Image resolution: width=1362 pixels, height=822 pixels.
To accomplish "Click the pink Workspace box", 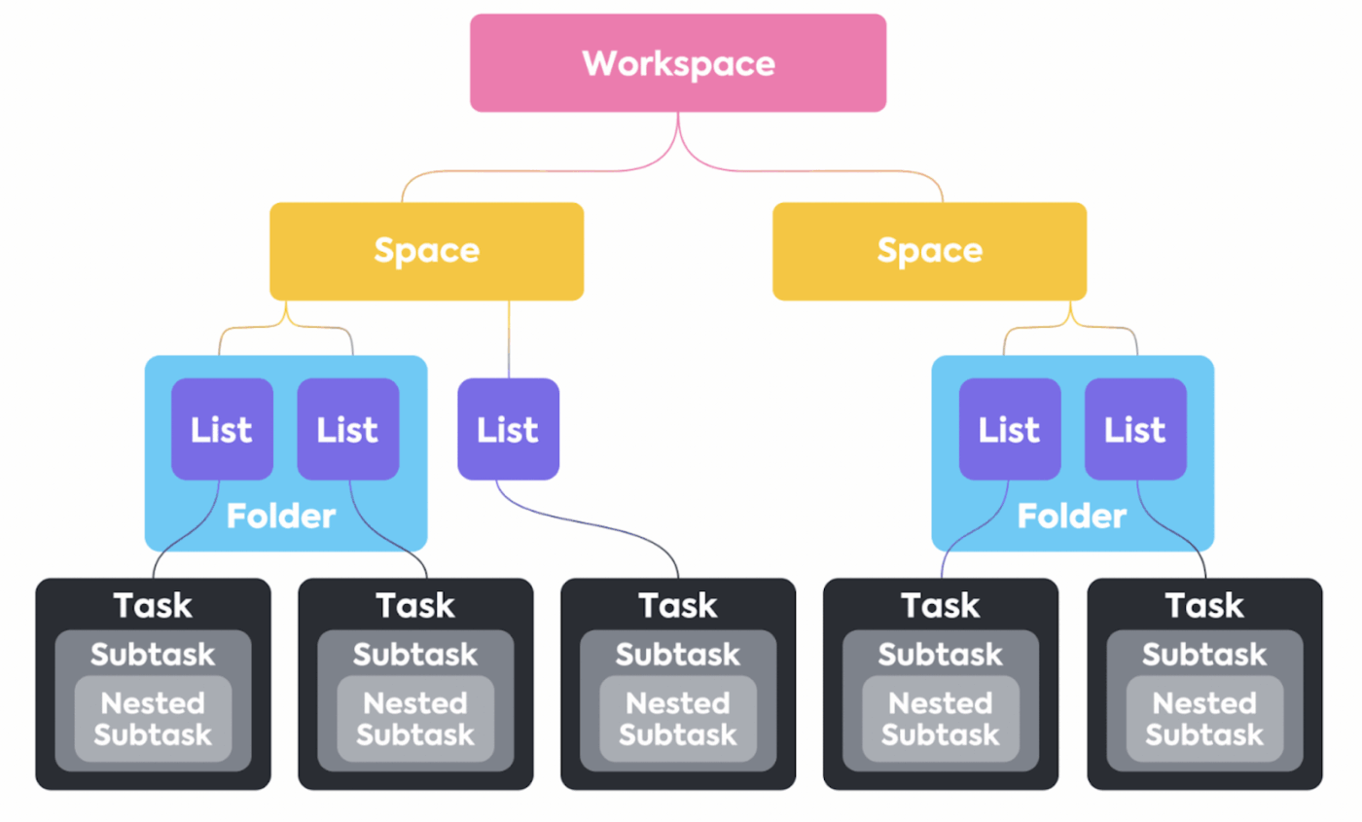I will coord(678,63).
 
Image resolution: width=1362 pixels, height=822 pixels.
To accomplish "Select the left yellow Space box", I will coord(426,251).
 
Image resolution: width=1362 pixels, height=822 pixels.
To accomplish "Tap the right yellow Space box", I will coord(929,251).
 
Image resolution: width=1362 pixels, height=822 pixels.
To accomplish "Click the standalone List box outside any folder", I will coord(508,429).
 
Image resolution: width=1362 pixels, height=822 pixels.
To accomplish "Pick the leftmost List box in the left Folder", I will coord(222,429).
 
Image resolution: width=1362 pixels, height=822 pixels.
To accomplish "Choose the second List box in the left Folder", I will coord(347,429).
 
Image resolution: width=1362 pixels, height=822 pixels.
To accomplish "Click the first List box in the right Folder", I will coord(1009,429).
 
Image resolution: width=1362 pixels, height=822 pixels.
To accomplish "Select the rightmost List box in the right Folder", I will coord(1135,429).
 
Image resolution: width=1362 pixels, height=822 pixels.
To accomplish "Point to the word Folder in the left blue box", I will coord(281,516).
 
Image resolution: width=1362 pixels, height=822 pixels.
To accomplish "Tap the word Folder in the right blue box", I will coord(1072,516).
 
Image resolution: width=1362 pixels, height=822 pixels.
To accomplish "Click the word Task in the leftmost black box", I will coord(153,605).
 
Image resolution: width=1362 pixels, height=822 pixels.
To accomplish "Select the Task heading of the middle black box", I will coord(678,605).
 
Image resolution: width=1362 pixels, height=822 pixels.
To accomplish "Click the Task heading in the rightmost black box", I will coord(1204,605).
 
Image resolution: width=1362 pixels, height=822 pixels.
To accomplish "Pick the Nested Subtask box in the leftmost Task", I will coord(153,719).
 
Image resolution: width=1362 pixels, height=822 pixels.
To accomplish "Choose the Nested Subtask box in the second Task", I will coord(415,719).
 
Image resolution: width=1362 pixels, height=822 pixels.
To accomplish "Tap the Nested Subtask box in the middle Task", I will coord(678,719).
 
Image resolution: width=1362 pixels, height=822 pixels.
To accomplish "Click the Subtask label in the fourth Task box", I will coord(941,655).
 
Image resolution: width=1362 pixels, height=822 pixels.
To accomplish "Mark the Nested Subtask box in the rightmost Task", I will coord(1204,719).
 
